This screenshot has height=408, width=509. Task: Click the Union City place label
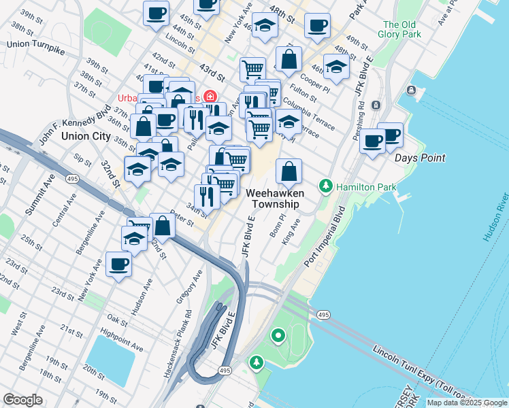tap(86, 136)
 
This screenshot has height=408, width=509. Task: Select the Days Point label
tap(421, 158)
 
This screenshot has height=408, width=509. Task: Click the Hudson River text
tap(495, 221)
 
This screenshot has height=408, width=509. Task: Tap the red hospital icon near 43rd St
tap(212, 97)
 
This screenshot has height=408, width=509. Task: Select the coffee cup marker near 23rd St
tap(118, 265)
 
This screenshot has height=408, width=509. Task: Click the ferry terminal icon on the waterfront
tap(412, 90)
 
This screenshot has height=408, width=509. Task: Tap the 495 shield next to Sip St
tap(71, 179)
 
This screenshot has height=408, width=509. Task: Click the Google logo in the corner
tap(22, 400)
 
